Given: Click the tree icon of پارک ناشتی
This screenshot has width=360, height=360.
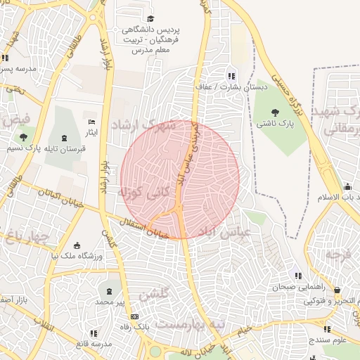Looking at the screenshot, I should coord(274,111).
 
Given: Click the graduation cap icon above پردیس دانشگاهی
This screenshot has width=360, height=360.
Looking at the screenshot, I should coord(150,18).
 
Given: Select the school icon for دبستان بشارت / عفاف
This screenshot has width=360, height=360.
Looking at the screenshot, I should coord(231,76).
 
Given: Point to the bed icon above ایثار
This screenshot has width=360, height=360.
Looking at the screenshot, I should coord(90,122).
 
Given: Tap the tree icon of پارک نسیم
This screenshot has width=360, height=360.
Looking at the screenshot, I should coord(24,137).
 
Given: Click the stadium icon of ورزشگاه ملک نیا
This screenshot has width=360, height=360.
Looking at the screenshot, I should coord(77,245).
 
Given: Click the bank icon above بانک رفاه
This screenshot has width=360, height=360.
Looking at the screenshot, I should coord(134,316).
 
